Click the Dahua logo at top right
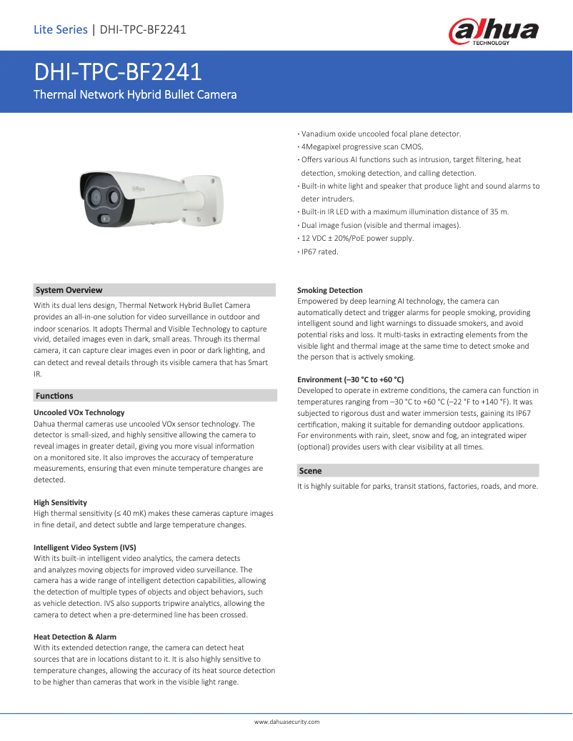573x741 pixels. click(x=493, y=32)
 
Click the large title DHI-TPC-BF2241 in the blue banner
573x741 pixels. click(x=118, y=72)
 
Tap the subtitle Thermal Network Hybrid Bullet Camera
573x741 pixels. click(x=136, y=94)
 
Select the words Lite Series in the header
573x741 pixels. click(x=60, y=29)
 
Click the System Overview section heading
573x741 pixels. click(x=69, y=290)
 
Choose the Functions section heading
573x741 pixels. click(x=54, y=395)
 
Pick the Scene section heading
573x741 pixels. click(x=310, y=471)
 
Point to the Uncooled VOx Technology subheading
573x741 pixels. click(x=79, y=412)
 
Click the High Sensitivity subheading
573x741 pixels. click(x=60, y=503)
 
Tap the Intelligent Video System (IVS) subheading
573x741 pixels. click(x=85, y=547)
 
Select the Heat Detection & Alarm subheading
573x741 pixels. click(x=75, y=637)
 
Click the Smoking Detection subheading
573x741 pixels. click(x=329, y=290)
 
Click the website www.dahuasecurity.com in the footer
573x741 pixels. click(x=286, y=722)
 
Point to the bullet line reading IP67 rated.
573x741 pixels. click(x=319, y=252)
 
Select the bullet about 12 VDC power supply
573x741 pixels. click(x=357, y=238)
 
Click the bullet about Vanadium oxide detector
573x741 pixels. click(x=380, y=134)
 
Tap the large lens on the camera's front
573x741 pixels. click(x=95, y=194)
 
